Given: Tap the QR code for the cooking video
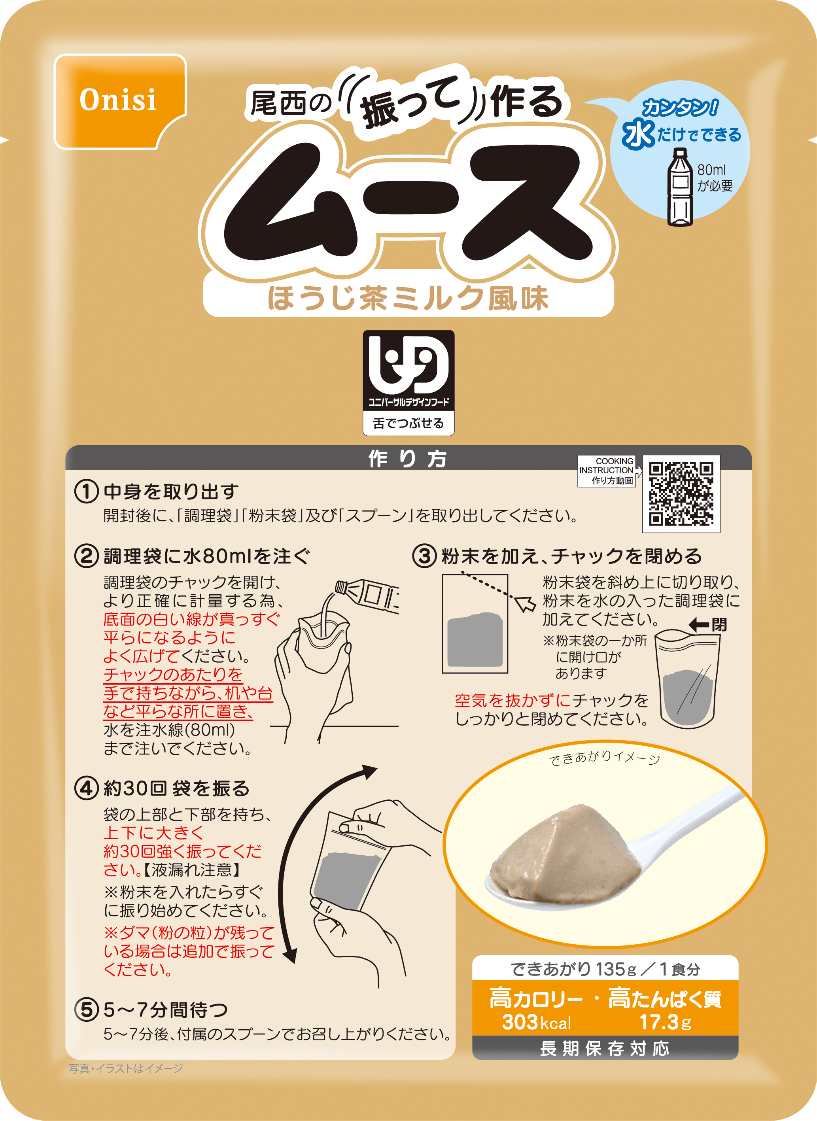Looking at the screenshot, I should click(x=681, y=493).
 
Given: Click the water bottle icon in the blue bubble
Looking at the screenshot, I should click(x=680, y=187).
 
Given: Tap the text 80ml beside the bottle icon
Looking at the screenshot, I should click(x=711, y=170).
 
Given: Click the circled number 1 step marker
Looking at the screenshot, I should click(x=86, y=492).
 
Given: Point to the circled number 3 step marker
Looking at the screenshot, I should click(x=424, y=556).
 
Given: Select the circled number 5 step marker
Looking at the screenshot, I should click(x=86, y=1010).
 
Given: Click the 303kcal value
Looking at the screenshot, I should click(x=537, y=1022).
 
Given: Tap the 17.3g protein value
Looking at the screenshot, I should click(x=665, y=1022).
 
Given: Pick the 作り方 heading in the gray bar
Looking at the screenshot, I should click(x=408, y=458).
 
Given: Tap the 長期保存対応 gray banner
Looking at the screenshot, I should click(x=604, y=1048).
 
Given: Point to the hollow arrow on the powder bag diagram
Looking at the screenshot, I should click(x=525, y=603).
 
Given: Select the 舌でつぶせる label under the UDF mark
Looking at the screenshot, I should click(x=408, y=423).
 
